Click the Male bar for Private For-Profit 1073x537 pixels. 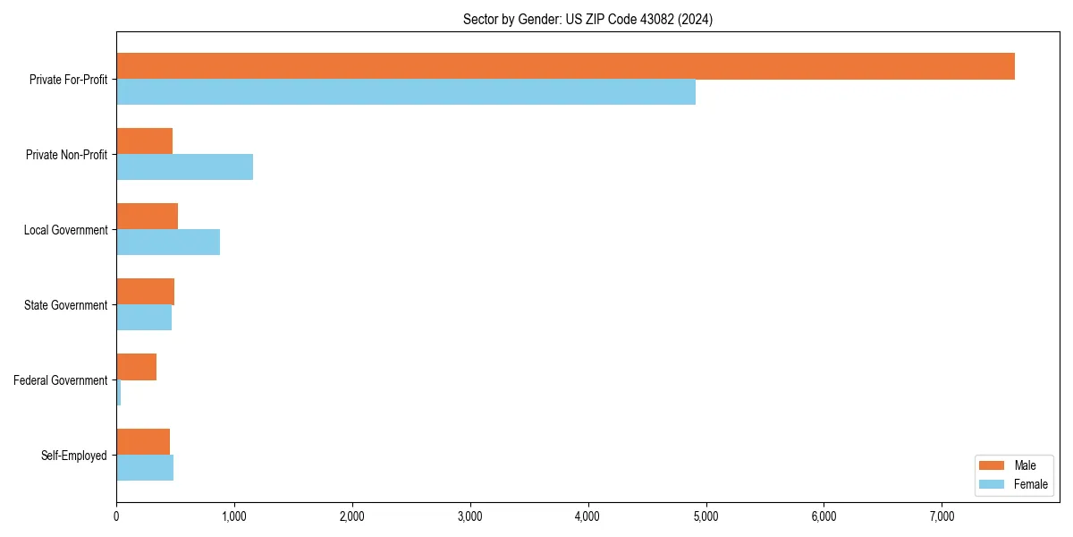[565, 66]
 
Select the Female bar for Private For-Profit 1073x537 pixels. [406, 91]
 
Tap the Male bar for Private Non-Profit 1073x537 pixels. [144, 141]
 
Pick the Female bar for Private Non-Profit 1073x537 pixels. [184, 166]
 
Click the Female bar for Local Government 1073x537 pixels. [168, 242]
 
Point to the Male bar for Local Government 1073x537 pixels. [147, 217]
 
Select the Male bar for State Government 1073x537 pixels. [145, 292]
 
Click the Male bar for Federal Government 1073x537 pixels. [136, 367]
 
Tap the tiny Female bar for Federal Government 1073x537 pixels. [119, 392]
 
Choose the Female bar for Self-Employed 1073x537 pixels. [145, 467]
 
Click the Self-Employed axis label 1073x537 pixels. [74, 456]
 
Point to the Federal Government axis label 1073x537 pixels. [61, 380]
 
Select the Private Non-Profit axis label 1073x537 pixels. [66, 155]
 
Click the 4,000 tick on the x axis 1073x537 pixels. [587, 516]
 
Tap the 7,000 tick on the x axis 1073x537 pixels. [942, 516]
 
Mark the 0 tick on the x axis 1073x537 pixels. [116, 516]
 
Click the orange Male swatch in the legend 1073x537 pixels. [993, 465]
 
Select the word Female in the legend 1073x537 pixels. [1031, 484]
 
